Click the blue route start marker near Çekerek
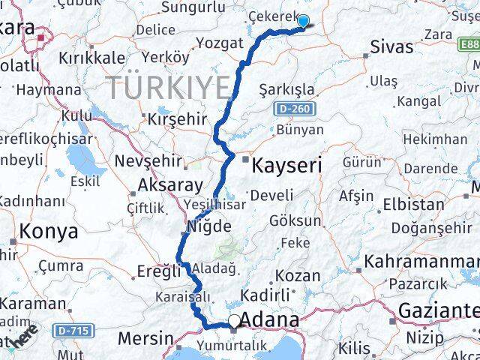click(x=304, y=21)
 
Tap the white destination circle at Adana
click(x=235, y=322)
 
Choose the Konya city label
click(x=49, y=232)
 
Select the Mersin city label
click(x=145, y=338)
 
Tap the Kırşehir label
click(x=177, y=120)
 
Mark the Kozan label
click(x=298, y=275)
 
